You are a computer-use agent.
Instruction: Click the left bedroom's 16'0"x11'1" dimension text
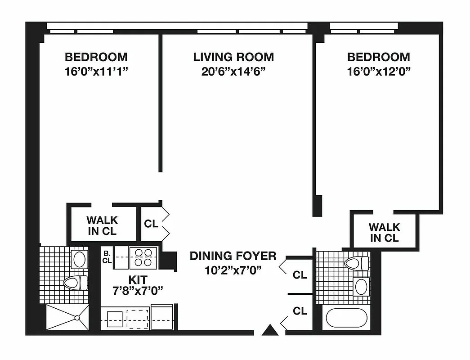click(96, 71)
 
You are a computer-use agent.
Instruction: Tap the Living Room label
click(233, 57)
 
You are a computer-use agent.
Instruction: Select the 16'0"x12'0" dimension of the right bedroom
click(378, 71)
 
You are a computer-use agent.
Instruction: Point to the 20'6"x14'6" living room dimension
click(233, 71)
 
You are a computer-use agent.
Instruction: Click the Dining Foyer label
click(233, 256)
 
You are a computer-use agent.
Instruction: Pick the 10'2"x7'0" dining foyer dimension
click(233, 270)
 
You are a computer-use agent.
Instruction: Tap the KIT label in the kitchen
click(137, 279)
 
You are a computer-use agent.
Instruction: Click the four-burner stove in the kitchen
click(143, 258)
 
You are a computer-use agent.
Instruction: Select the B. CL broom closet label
click(107, 257)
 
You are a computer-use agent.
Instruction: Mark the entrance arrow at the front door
click(271, 330)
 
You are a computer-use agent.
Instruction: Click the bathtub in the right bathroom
click(346, 318)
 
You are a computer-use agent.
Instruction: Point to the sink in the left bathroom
click(80, 259)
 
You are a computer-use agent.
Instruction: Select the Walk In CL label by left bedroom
click(102, 226)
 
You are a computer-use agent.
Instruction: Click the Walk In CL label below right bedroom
click(384, 232)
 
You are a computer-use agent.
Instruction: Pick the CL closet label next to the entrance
click(300, 310)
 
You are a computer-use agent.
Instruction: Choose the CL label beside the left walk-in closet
click(152, 224)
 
